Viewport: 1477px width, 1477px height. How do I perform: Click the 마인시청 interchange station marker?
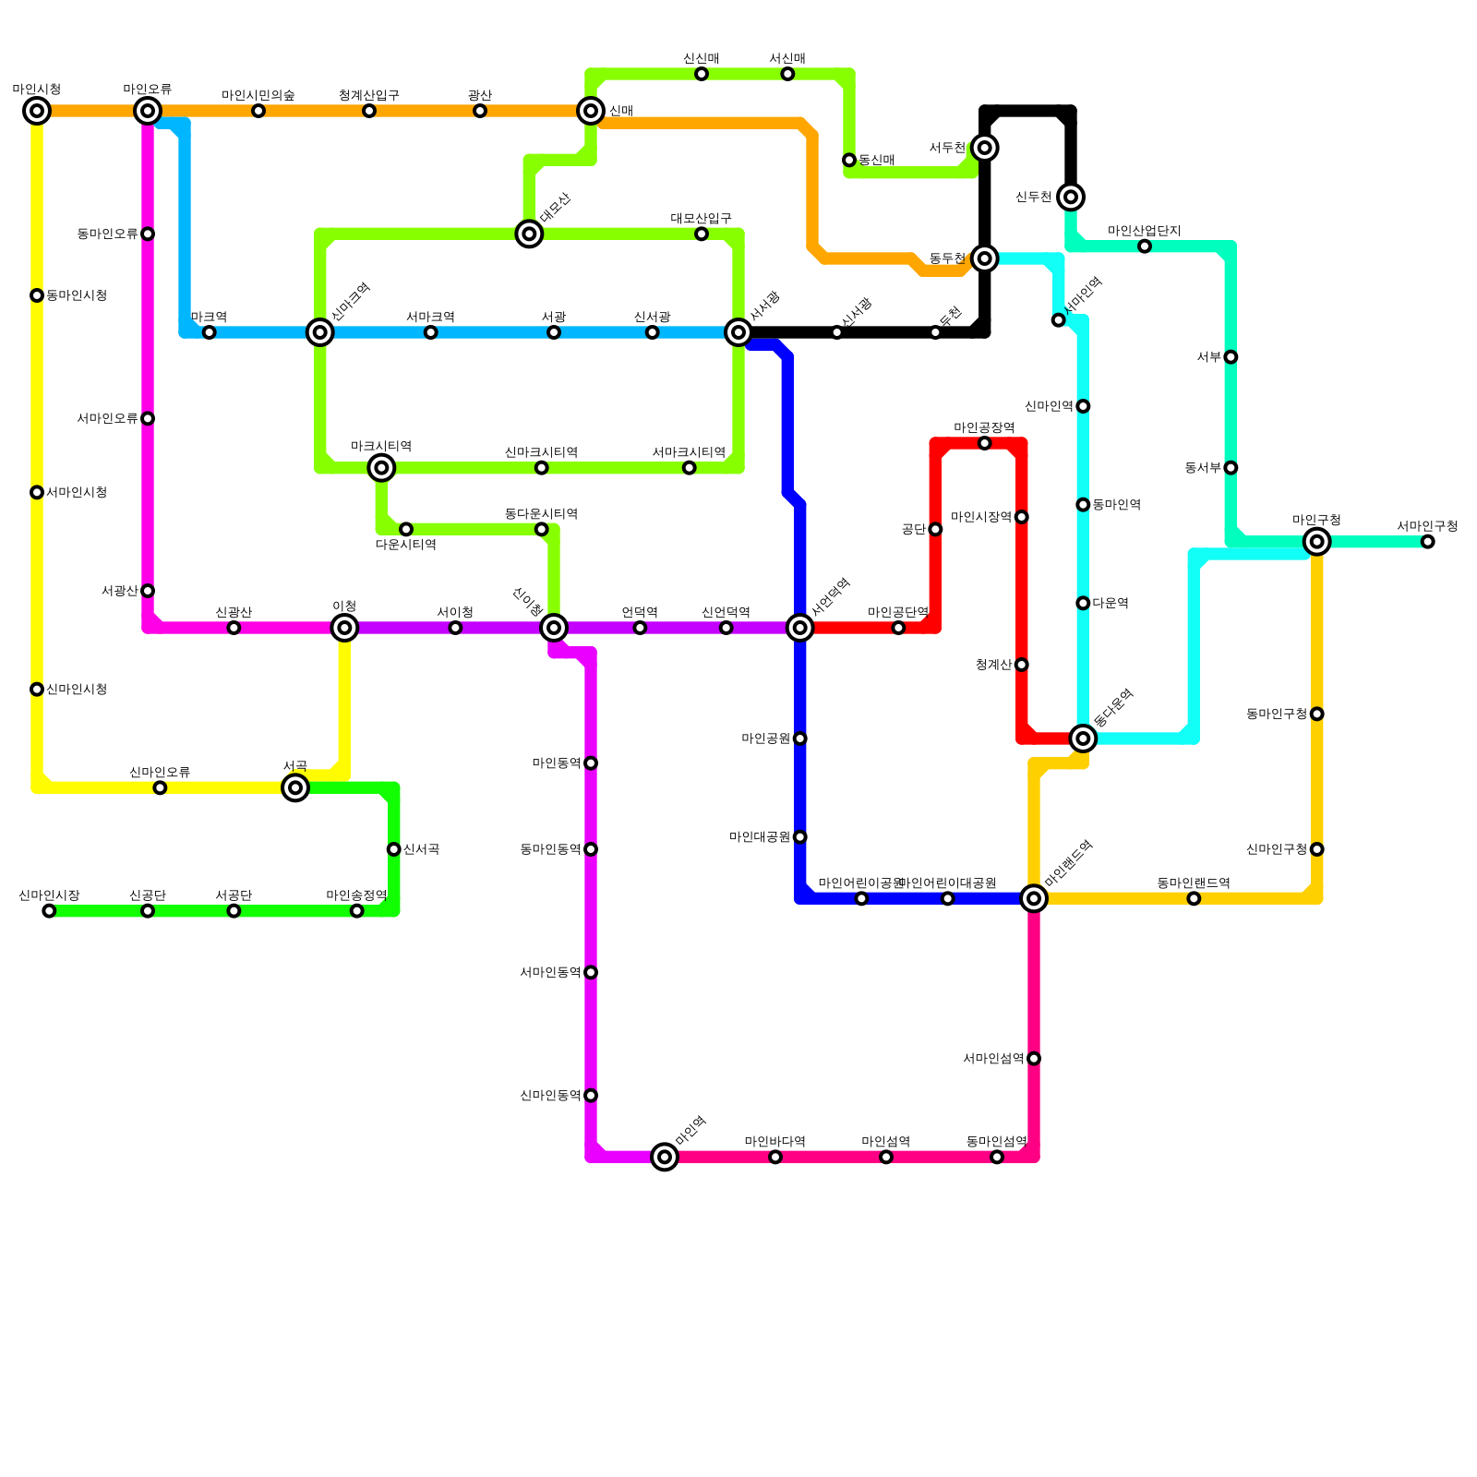click(x=37, y=111)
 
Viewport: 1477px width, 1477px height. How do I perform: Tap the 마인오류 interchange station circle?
click(x=148, y=111)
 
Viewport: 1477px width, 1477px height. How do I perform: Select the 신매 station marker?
click(x=591, y=111)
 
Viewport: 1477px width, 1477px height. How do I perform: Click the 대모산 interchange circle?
click(x=529, y=234)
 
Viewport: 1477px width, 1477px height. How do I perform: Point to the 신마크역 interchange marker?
click(x=320, y=332)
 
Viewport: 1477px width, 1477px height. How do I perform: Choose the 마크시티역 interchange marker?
click(x=381, y=468)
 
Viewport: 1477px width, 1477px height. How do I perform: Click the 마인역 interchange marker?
click(x=665, y=1157)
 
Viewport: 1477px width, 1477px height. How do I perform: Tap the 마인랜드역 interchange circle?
click(x=1034, y=898)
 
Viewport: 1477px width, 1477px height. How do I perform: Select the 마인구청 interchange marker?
click(x=1317, y=541)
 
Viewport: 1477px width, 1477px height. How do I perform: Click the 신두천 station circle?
click(x=1071, y=197)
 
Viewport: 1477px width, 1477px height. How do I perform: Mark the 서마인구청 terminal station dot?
click(x=1428, y=542)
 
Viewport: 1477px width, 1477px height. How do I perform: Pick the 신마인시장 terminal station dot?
click(x=49, y=911)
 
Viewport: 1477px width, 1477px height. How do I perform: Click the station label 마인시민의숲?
click(x=258, y=95)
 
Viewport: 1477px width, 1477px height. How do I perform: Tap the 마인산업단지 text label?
click(x=1145, y=231)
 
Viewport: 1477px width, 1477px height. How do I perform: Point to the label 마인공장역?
click(x=984, y=427)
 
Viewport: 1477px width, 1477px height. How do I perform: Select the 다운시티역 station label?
click(x=406, y=545)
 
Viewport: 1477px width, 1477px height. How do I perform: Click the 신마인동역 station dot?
click(x=591, y=1096)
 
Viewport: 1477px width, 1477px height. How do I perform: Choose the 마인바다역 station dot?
click(x=775, y=1157)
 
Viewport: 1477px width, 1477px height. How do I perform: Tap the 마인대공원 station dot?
click(x=800, y=837)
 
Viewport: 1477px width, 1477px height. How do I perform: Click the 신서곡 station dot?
click(x=394, y=849)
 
